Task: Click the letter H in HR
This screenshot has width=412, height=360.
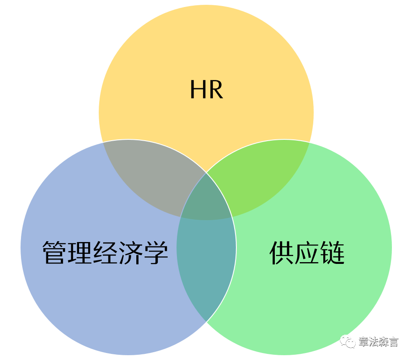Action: coord(197,90)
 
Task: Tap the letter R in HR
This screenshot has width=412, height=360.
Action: coord(215,90)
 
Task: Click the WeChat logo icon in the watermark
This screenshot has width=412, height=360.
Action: coord(348,341)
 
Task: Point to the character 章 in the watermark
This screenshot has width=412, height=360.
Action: coord(364,342)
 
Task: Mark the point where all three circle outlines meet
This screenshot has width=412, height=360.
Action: coord(206,173)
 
